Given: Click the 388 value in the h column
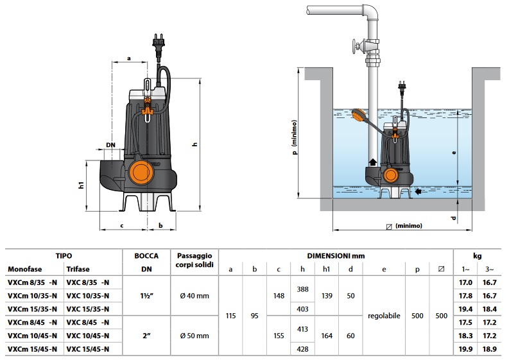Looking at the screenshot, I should click(303, 289).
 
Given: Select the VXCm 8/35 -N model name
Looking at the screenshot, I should click(33, 282).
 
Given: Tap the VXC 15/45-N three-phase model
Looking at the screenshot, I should click(88, 348).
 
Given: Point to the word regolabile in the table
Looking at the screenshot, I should click(383, 316).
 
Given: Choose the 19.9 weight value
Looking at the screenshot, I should click(467, 348).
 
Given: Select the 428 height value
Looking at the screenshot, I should click(303, 349).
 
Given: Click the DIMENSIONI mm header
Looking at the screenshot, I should click(335, 255).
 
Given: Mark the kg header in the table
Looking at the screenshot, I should click(478, 255).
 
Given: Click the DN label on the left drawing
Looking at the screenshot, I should click(110, 145).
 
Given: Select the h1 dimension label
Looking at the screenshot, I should click(82, 185).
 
